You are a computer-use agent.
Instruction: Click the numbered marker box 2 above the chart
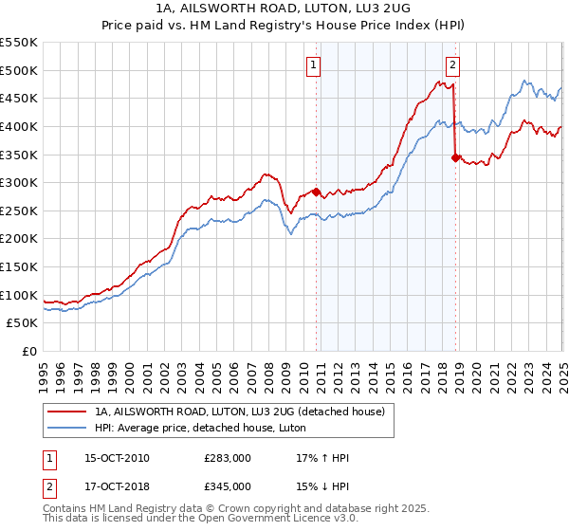click(x=452, y=65)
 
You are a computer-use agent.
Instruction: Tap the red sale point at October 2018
click(x=455, y=157)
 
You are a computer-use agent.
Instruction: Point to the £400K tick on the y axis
click(x=19, y=126)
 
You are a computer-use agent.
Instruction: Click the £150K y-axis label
click(x=19, y=267)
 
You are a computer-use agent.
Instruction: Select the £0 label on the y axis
click(x=28, y=352)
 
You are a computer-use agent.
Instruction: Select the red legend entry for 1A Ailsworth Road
click(x=238, y=412)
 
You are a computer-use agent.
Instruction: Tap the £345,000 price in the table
click(x=227, y=485)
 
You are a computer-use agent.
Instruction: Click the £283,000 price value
click(x=227, y=459)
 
